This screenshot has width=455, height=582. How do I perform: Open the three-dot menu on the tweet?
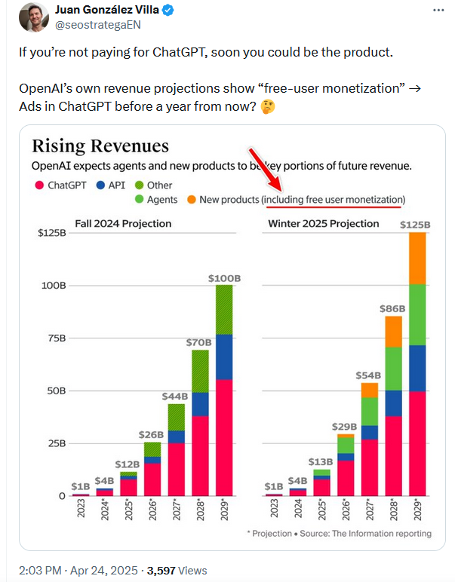[438, 11]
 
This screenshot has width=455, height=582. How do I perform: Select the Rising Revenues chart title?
[100, 146]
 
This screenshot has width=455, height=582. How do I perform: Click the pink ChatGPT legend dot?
[37, 185]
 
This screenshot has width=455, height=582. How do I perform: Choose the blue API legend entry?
[110, 185]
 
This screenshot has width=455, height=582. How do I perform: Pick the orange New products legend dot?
[192, 200]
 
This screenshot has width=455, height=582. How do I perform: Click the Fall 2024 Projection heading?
[122, 224]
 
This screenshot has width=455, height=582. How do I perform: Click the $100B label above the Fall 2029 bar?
[224, 278]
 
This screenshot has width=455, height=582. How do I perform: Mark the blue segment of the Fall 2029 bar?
[224, 357]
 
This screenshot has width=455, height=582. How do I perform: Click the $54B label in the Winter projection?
[369, 375]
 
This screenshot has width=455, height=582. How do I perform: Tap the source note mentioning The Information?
[339, 534]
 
